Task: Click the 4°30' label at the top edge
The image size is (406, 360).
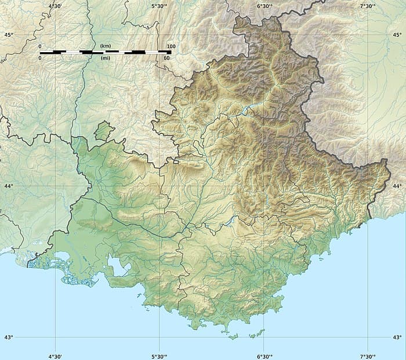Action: pos(55,6)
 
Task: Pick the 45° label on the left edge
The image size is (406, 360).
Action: pos(8,35)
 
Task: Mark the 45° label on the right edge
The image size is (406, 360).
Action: pos(397,35)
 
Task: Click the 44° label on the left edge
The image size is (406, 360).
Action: pos(8,186)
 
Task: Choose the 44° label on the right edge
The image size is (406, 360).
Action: pos(397,186)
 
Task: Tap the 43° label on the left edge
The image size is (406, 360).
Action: pos(8,337)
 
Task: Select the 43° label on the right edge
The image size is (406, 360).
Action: pos(397,337)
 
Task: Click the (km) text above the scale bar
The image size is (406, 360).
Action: pos(105,46)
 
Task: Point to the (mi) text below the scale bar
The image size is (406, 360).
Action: pos(105,58)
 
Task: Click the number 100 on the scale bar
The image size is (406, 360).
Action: pos(171,46)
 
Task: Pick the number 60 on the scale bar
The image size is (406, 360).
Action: pos(167,58)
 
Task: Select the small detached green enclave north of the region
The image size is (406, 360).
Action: pos(103,131)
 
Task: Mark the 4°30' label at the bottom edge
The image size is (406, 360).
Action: pos(55,355)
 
